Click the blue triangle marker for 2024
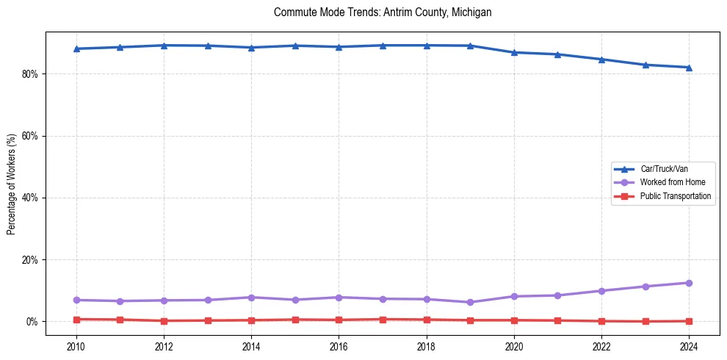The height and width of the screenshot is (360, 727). pyautogui.click(x=689, y=68)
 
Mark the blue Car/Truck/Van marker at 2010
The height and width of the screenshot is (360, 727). pyautogui.click(x=76, y=48)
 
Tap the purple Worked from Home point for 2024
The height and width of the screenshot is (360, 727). pyautogui.click(x=689, y=283)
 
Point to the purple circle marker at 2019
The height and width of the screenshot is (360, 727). pyautogui.click(x=470, y=302)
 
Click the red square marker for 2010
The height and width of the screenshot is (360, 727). pyautogui.click(x=76, y=320)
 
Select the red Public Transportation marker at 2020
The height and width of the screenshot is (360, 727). pyautogui.click(x=514, y=320)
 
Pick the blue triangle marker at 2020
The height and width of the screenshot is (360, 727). pyautogui.click(x=514, y=52)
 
